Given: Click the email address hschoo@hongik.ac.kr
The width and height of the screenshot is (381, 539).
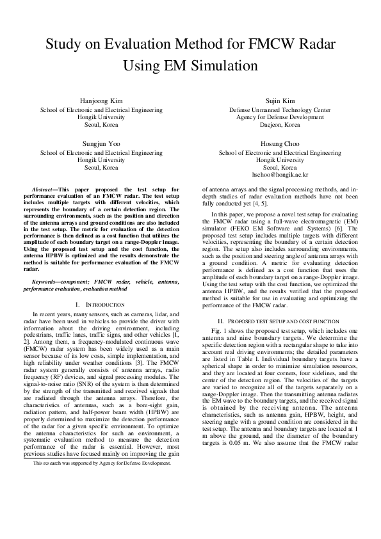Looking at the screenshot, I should point(280,174).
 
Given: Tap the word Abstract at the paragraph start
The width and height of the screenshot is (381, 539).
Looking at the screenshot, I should point(44,190).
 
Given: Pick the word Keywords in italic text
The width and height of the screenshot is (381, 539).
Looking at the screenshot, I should point(45,282).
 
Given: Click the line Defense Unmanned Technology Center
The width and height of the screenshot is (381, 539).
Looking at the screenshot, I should point(280,110).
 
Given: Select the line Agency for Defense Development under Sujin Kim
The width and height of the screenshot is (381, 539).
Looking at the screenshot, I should point(280,117).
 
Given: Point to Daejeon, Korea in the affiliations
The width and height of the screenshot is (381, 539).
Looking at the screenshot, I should point(280,125).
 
